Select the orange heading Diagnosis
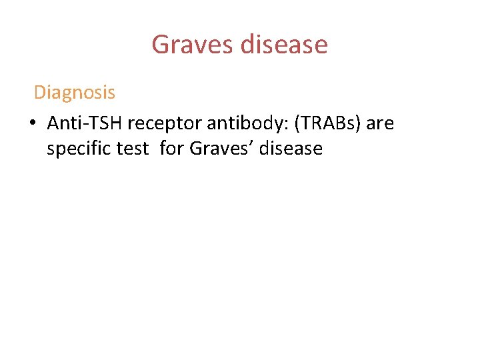pyautogui.click(x=74, y=93)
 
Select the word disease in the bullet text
pyautogui.click(x=291, y=149)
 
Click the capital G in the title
pyautogui.click(x=161, y=45)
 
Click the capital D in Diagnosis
pyautogui.click(x=39, y=93)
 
